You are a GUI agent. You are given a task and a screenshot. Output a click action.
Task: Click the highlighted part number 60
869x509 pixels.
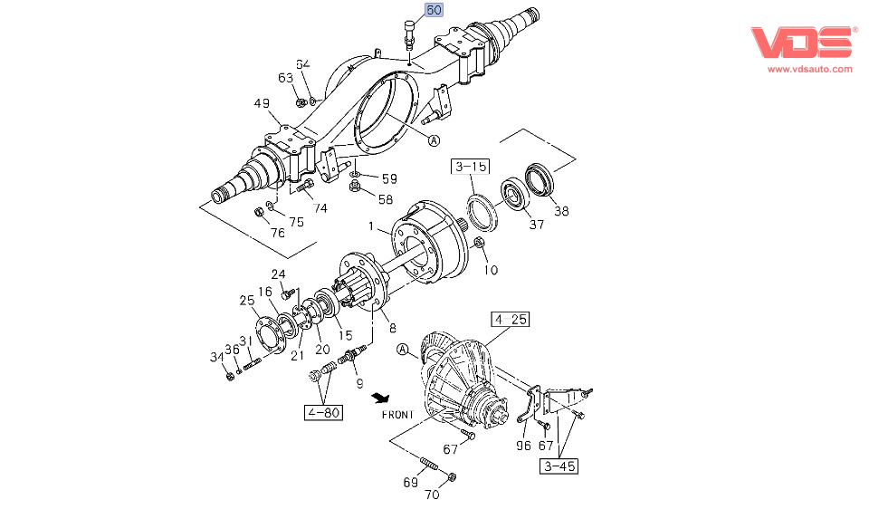[434, 11]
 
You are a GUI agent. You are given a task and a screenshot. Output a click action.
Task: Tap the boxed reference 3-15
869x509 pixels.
[471, 167]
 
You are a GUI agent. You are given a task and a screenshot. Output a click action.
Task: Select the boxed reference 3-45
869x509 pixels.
[559, 466]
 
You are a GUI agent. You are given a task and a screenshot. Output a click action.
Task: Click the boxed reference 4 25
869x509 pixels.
[511, 320]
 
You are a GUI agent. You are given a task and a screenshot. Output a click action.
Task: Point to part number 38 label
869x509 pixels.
[562, 211]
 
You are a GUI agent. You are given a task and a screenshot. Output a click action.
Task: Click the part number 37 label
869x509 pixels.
[537, 225]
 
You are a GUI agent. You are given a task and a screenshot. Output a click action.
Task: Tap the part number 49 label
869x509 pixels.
[262, 104]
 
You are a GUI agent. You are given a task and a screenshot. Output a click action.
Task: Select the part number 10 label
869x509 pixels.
[490, 269]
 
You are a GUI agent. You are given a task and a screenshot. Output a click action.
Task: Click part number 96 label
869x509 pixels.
[522, 446]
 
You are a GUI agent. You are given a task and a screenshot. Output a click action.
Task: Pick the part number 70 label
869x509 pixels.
[431, 495]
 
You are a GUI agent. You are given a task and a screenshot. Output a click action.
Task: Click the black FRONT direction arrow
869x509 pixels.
[386, 398]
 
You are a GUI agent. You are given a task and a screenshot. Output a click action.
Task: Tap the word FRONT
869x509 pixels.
[396, 415]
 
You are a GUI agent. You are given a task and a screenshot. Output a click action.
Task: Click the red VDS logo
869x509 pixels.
[802, 43]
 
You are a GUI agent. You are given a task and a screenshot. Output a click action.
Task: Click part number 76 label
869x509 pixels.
[278, 233]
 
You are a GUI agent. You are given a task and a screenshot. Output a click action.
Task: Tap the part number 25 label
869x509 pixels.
[247, 301]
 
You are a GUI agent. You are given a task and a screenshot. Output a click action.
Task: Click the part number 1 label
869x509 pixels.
[370, 225]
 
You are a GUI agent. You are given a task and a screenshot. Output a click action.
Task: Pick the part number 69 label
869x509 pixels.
[410, 482]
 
